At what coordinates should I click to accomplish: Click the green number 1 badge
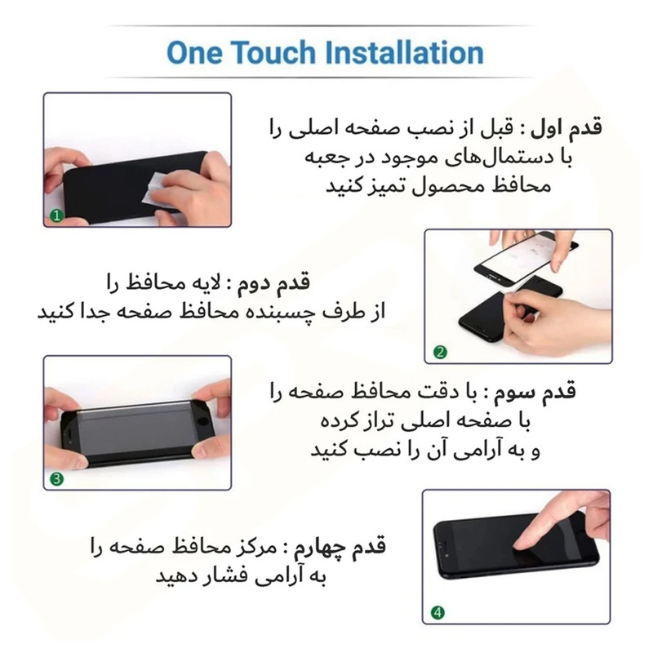(x=56, y=215)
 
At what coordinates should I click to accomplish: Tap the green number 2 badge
(x=440, y=353)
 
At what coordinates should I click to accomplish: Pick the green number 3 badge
(x=56, y=479)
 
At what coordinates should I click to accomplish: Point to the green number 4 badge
(x=438, y=613)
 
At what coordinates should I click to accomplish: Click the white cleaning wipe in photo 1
(x=156, y=188)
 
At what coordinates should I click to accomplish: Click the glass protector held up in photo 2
(x=526, y=259)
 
